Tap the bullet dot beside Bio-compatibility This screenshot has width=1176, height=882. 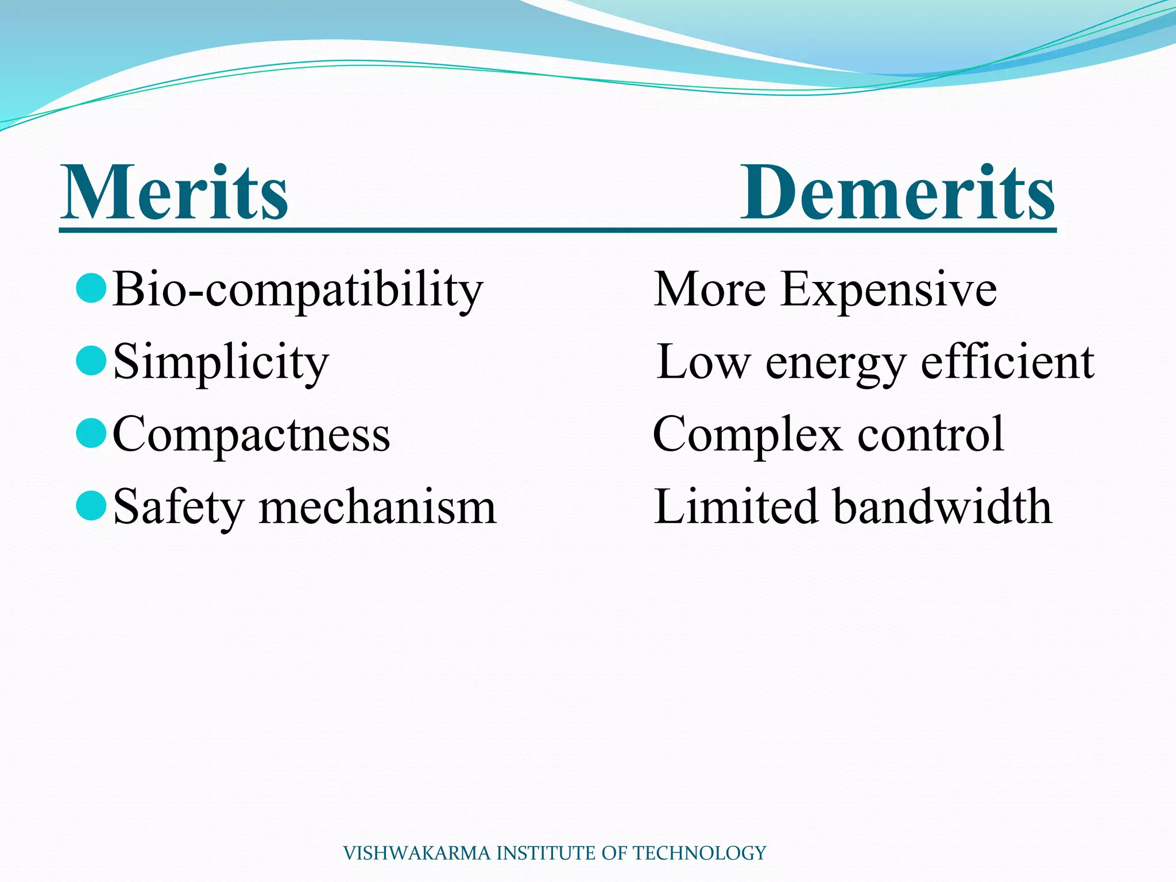click(91, 288)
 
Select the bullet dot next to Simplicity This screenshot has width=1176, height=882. click(91, 361)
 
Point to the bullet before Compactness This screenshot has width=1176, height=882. click(91, 433)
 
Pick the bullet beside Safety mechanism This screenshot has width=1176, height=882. click(91, 505)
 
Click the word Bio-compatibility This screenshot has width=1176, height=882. click(297, 290)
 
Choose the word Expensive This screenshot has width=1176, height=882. click(888, 290)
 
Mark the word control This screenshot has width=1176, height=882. click(931, 435)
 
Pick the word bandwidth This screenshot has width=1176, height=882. click(942, 506)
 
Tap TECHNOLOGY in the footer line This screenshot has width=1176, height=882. click(699, 853)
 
